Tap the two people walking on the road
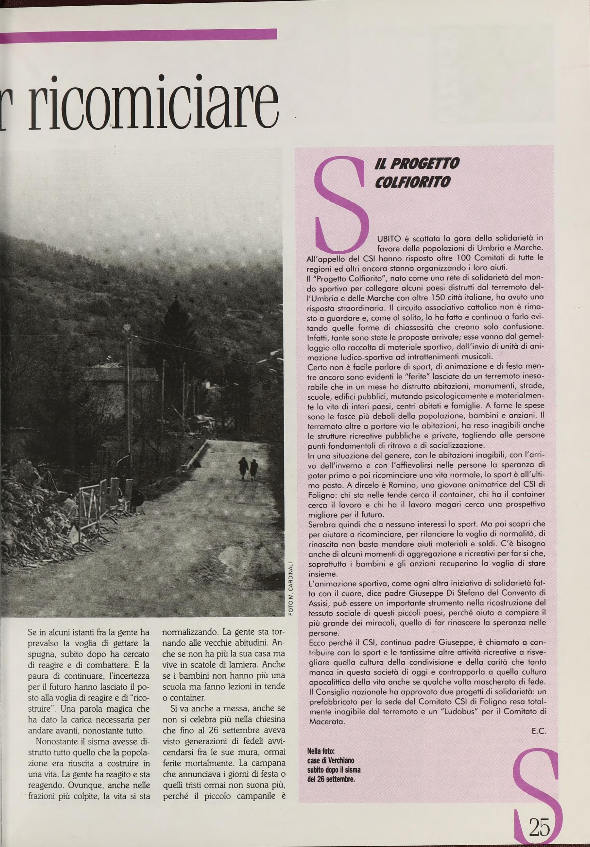248,468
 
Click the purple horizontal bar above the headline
138,33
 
